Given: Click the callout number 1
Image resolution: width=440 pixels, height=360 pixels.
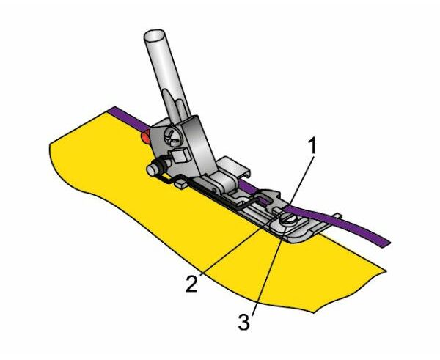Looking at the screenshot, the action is pos(312,146).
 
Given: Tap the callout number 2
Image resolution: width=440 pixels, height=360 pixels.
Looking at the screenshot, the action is pos(192,284).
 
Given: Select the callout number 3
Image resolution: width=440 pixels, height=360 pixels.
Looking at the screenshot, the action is pos(243,322).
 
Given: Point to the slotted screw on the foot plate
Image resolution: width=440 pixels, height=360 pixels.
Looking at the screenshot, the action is pos(290,218).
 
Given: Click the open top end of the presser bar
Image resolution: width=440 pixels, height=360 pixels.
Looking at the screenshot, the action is pos(154,36).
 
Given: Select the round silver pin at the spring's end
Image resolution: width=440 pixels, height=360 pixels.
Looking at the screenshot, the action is pos(152,170).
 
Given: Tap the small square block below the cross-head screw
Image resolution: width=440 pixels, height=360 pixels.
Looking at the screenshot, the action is pos(180,155).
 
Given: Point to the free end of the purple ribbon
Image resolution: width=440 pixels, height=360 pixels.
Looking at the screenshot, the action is pos(386,243).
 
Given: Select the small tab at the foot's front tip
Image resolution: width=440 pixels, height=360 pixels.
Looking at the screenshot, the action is pos(337,216).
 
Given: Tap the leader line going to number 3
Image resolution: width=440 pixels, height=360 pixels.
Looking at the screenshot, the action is pos(269,270).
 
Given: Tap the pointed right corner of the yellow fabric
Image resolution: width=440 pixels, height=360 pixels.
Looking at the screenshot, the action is pos(386,271).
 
